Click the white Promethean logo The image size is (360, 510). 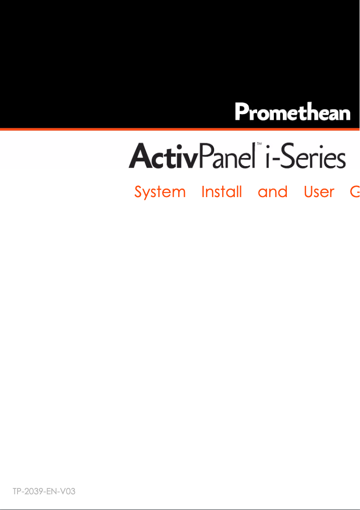[293, 112]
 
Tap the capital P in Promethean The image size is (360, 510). [242, 112]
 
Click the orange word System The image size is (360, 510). [160, 193]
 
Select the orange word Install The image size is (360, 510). [221, 192]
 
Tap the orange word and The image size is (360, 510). [272, 192]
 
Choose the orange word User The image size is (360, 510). [319, 192]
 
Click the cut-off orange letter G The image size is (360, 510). [355, 192]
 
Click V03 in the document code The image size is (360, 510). [66, 491]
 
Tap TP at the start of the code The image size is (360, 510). [17, 491]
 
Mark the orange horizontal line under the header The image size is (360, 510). [180, 129]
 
